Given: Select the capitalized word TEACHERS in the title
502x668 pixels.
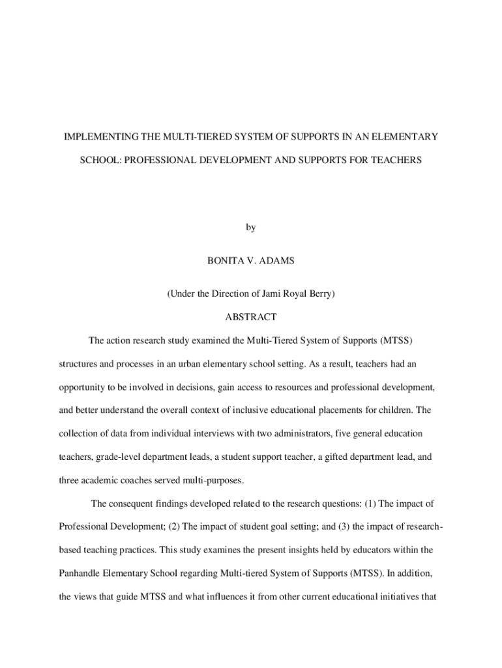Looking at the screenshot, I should tap(394, 159).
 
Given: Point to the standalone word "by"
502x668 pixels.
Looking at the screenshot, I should tap(251, 228).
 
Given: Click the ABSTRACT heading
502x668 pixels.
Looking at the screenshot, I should tap(251, 317).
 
